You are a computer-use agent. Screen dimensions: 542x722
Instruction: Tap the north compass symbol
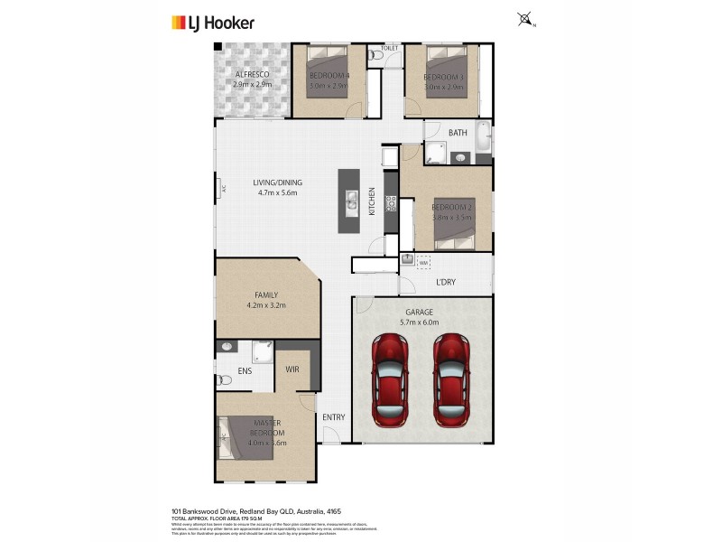point(525,19)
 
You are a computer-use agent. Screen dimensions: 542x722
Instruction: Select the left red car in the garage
point(393,379)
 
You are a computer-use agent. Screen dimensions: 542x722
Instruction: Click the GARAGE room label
point(418,313)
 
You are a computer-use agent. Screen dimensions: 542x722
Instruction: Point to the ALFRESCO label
point(252,74)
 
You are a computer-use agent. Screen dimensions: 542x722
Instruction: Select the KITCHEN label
point(372,201)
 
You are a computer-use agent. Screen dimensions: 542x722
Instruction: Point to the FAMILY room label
point(265,294)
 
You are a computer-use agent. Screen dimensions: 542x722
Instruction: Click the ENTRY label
point(334,416)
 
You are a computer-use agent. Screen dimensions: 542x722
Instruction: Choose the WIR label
point(292,369)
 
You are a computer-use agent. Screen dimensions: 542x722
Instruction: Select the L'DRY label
point(446,283)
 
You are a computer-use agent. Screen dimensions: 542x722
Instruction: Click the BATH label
point(458,134)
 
